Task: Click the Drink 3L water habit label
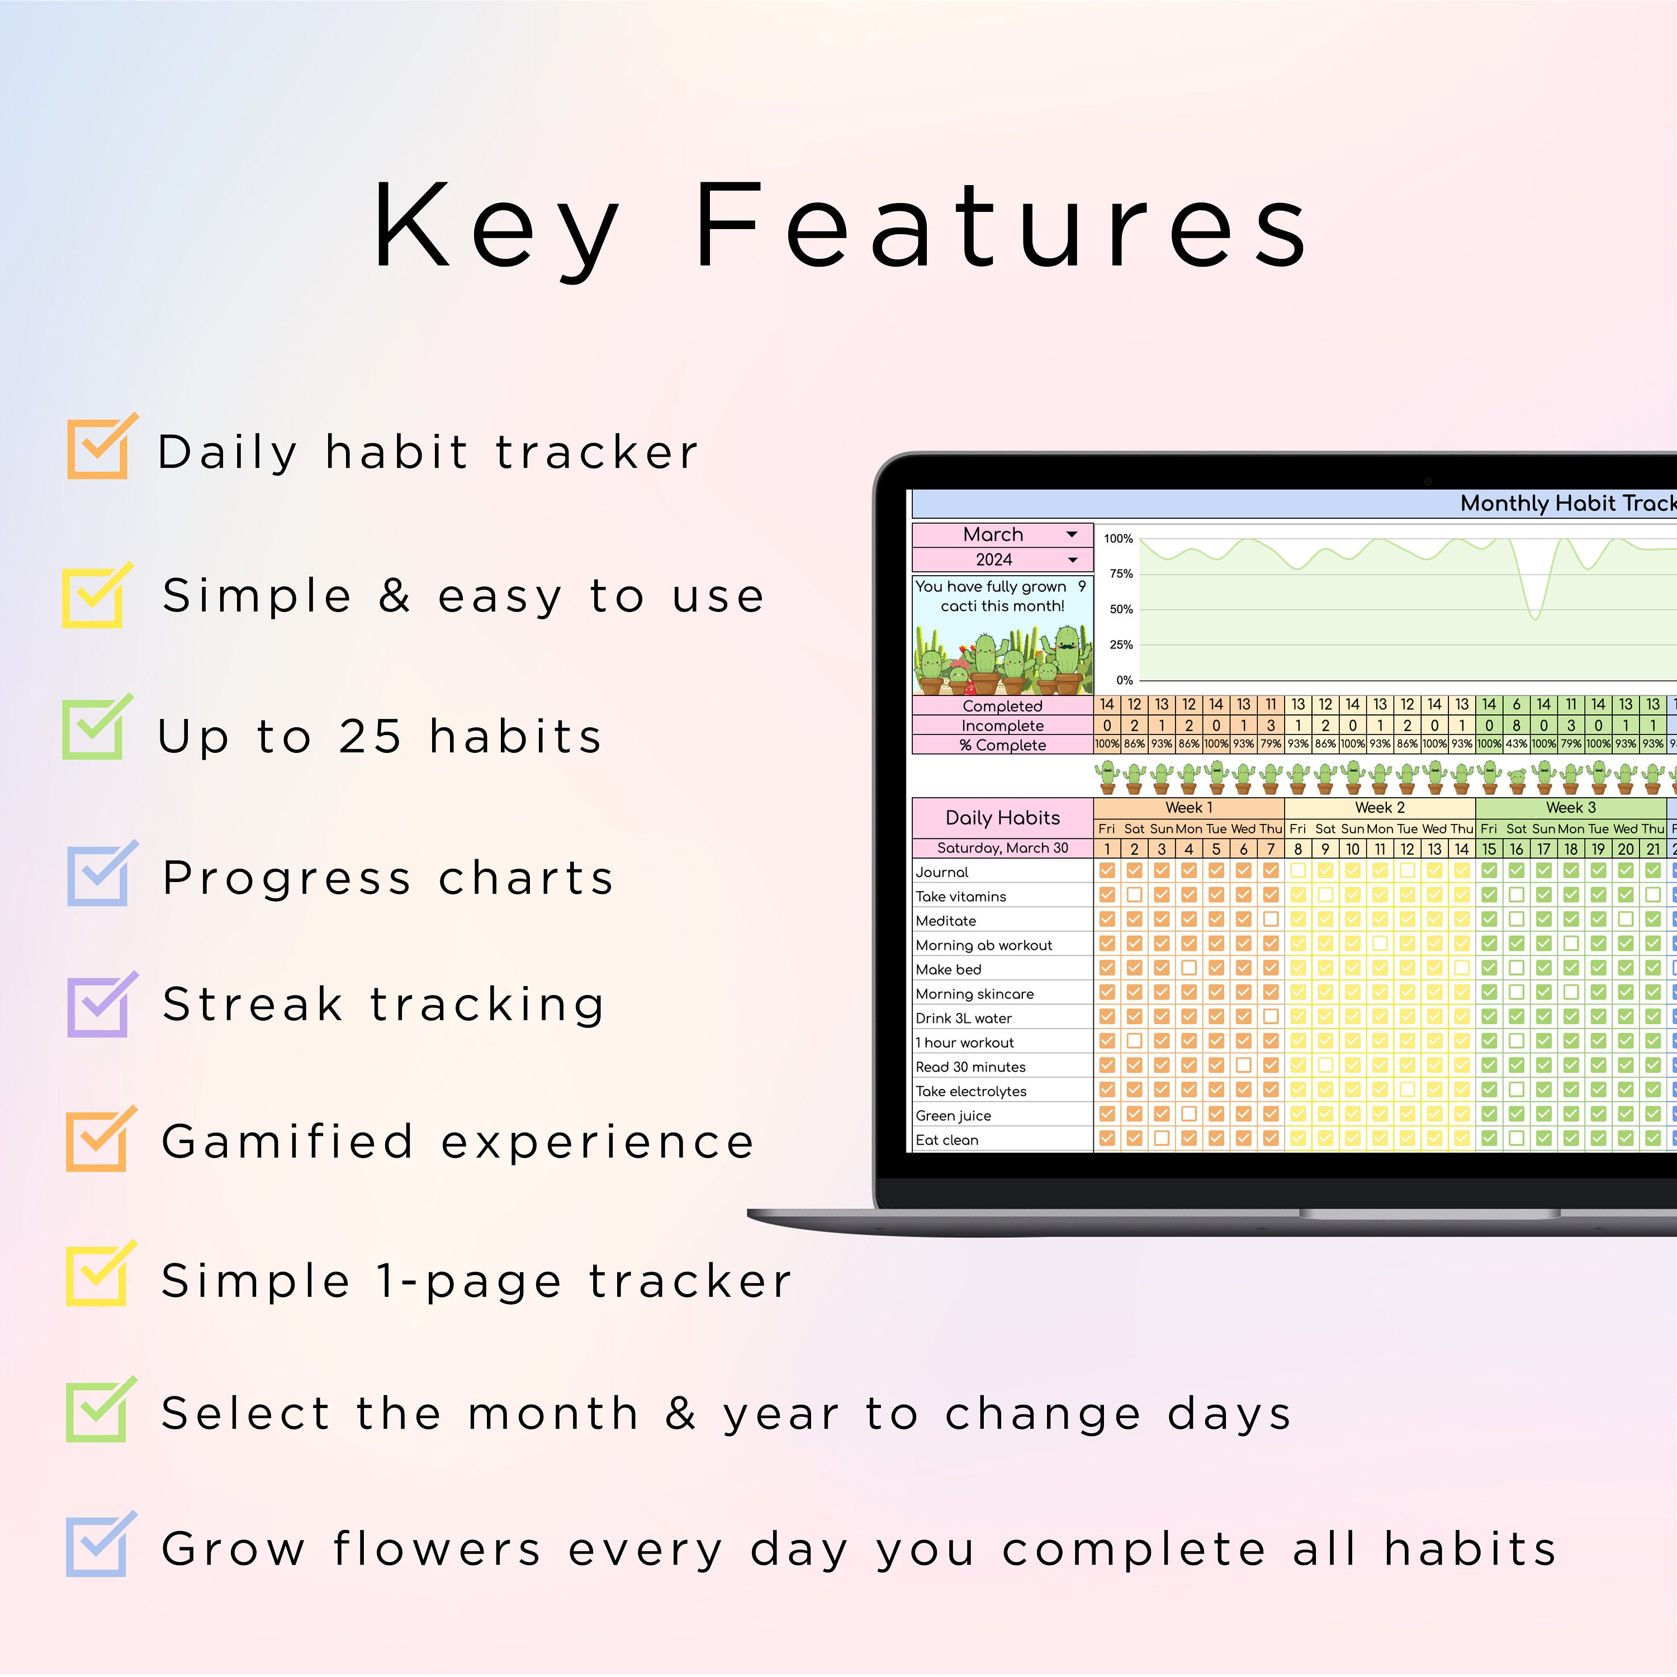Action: (964, 1018)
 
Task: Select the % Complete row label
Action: (1002, 745)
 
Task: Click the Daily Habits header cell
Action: (1002, 818)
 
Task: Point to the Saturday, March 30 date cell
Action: (1002, 848)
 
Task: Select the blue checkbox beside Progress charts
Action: (97, 877)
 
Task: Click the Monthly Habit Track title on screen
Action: (1567, 504)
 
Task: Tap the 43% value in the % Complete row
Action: (1517, 744)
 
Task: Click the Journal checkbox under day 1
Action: (1107, 870)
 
